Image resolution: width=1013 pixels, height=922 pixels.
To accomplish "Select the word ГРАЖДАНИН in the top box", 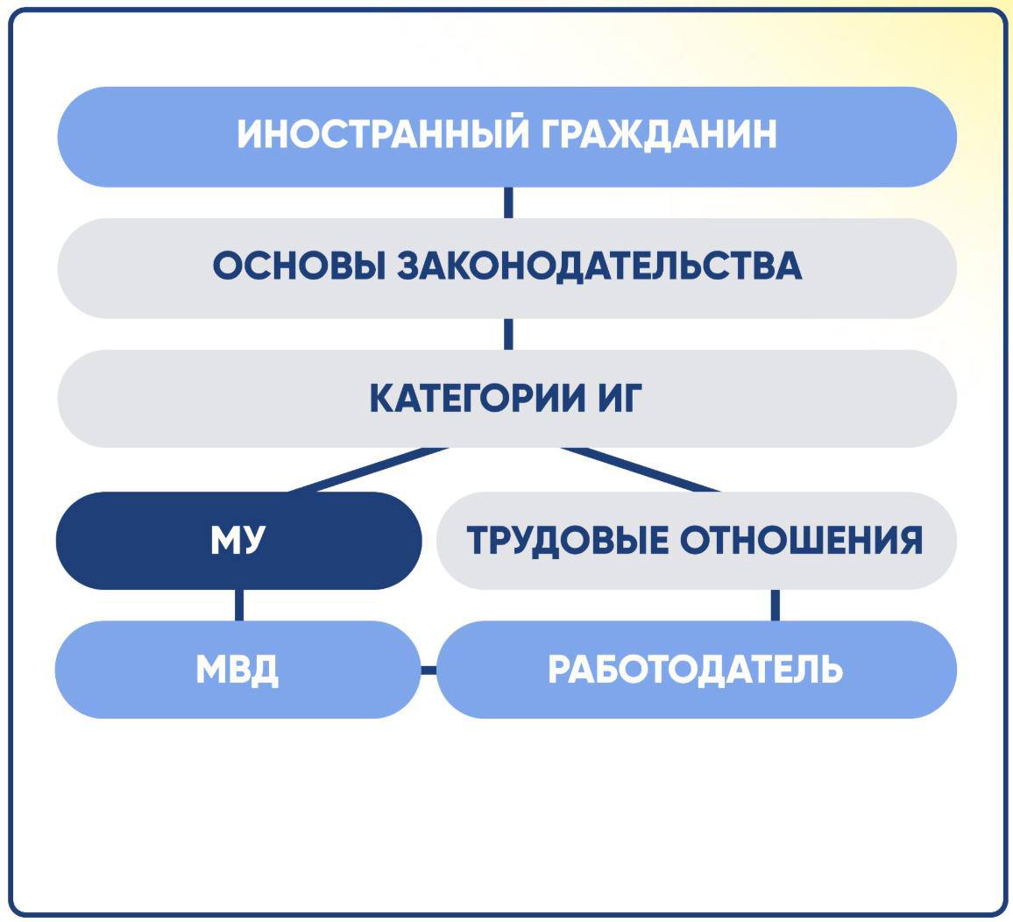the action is coord(659,134).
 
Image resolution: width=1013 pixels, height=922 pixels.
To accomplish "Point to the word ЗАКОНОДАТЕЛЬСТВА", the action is coord(599,266).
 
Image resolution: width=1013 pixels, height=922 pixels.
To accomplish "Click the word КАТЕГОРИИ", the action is coord(477,398).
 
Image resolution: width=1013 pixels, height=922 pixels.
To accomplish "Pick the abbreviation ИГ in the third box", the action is coord(620,398).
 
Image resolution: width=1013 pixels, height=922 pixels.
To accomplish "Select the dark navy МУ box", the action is coord(239,540).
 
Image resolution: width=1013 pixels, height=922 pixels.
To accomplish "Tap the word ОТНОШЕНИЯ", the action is coord(801,540).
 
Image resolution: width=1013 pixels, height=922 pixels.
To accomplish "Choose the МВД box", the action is coord(237,670).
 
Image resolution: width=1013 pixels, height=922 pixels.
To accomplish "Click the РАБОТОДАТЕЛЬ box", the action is coord(697,670).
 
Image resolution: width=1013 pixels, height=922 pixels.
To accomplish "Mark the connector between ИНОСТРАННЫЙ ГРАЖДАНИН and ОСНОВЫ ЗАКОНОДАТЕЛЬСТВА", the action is coord(508,202).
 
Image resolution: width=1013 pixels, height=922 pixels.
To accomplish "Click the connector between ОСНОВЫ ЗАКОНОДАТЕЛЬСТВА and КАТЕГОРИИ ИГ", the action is coord(508,334).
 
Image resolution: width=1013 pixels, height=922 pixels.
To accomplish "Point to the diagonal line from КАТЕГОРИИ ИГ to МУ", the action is coord(368,470).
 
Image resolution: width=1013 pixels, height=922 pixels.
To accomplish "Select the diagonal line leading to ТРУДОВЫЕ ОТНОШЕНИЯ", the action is coord(641,470).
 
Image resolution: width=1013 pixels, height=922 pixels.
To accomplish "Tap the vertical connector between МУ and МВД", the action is coord(240,606).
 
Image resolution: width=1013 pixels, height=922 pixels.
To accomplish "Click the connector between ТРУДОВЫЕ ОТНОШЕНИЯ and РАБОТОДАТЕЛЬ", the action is coord(776,606).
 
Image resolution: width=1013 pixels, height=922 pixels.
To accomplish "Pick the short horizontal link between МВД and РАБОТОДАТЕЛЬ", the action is coord(429,670).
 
